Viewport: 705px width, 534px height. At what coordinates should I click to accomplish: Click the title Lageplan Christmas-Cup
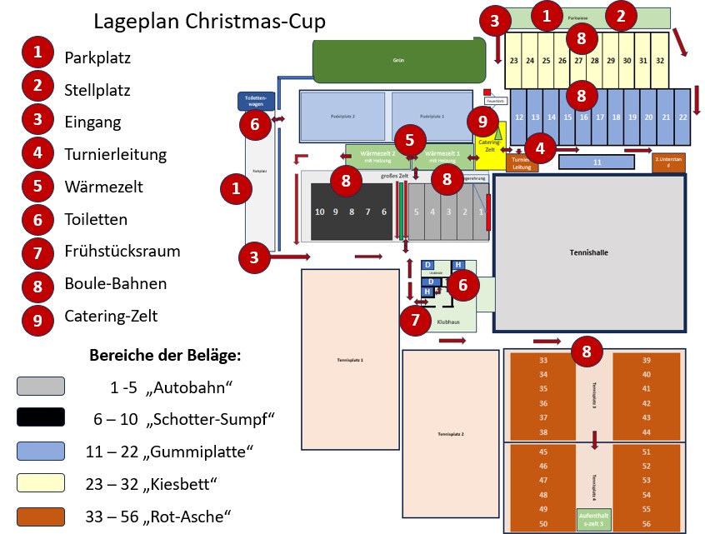pyautogui.click(x=209, y=21)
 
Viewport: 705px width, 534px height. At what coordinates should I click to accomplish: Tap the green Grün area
pyautogui.click(x=398, y=60)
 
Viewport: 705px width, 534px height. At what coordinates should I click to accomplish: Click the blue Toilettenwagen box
pyautogui.click(x=253, y=101)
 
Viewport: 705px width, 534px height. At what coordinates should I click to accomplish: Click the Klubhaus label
pyautogui.click(x=449, y=320)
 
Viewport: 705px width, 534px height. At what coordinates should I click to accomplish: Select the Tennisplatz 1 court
pyautogui.click(x=350, y=359)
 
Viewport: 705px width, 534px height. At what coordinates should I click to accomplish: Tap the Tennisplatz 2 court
pyautogui.click(x=451, y=434)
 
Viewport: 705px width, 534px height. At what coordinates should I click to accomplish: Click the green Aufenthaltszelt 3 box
pyautogui.click(x=594, y=518)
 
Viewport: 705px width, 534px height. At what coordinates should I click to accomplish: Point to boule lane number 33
pyautogui.click(x=543, y=361)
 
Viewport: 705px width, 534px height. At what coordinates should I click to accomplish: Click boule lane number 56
pyautogui.click(x=647, y=523)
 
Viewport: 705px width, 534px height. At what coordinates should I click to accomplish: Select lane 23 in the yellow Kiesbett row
pyautogui.click(x=514, y=61)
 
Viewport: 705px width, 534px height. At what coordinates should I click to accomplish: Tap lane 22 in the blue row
pyautogui.click(x=682, y=118)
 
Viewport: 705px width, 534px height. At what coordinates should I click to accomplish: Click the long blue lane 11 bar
pyautogui.click(x=597, y=163)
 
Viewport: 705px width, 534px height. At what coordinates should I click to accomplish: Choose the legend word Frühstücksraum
pyautogui.click(x=122, y=251)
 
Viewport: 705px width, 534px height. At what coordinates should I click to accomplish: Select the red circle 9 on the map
pyautogui.click(x=482, y=122)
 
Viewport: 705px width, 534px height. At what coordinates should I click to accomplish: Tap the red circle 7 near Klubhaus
pyautogui.click(x=417, y=319)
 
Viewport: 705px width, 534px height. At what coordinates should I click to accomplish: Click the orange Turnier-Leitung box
pyautogui.click(x=522, y=162)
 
